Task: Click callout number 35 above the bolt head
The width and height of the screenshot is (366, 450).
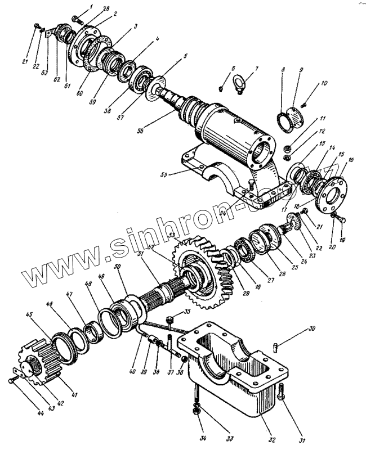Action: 187,311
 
